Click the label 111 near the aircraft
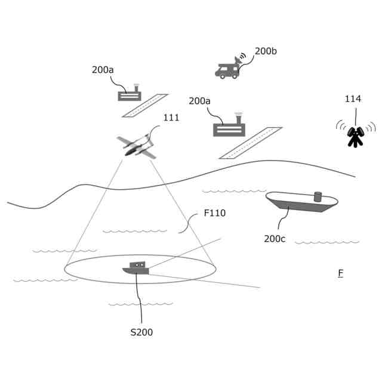pyautogui.click(x=171, y=118)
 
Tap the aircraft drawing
pyautogui.click(x=137, y=146)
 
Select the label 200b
pyautogui.click(x=266, y=51)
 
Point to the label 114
pyautogui.click(x=353, y=99)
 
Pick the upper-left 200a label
pyautogui.click(x=103, y=70)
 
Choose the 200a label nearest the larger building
pyautogui.click(x=200, y=101)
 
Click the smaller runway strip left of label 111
pyautogui.click(x=145, y=106)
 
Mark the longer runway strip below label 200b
pyautogui.click(x=250, y=143)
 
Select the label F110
pyautogui.click(x=215, y=213)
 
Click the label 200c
pyautogui.click(x=275, y=239)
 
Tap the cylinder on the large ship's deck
pyautogui.click(x=318, y=196)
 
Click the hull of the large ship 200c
pyautogui.click(x=298, y=206)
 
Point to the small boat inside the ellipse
pyautogui.click(x=135, y=268)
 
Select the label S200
pyautogui.click(x=141, y=332)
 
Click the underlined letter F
pyautogui.click(x=340, y=273)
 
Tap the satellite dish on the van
pyautogui.click(x=240, y=60)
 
